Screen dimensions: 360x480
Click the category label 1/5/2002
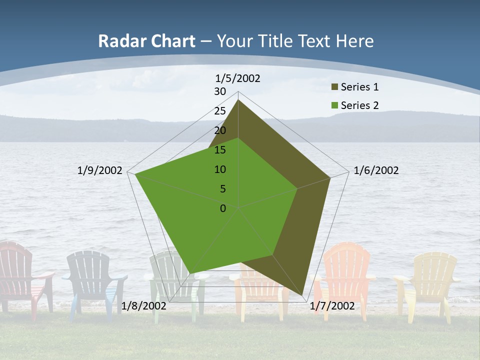[x=238, y=78]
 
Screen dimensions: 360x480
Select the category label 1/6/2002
[x=376, y=170]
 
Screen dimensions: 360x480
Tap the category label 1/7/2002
[x=332, y=306]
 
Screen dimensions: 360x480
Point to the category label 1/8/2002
[x=144, y=306]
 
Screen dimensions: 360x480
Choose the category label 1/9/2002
[x=100, y=170]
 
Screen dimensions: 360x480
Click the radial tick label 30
[x=220, y=91]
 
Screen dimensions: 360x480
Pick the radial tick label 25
[x=220, y=111]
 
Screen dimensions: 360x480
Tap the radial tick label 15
[x=220, y=150]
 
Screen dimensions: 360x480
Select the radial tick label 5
[x=222, y=189]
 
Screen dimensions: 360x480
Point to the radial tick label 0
[x=223, y=208]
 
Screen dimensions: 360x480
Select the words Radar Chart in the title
[x=146, y=41]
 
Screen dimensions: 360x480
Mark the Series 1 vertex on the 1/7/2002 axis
[x=303, y=295]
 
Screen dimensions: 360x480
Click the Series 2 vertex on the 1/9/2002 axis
[x=135, y=174]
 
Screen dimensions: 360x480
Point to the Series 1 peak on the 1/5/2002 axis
[x=238, y=100]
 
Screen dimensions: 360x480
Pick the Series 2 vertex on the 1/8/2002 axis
[x=191, y=273]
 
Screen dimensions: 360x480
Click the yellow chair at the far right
[x=429, y=280]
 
